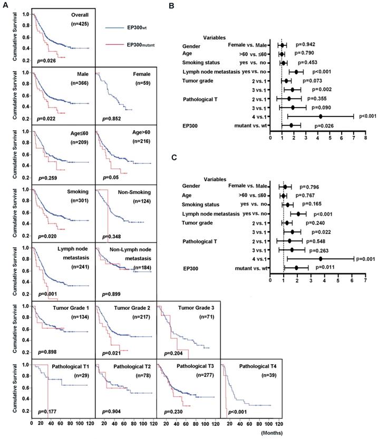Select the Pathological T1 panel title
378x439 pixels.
pyautogui.click(x=61, y=366)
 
